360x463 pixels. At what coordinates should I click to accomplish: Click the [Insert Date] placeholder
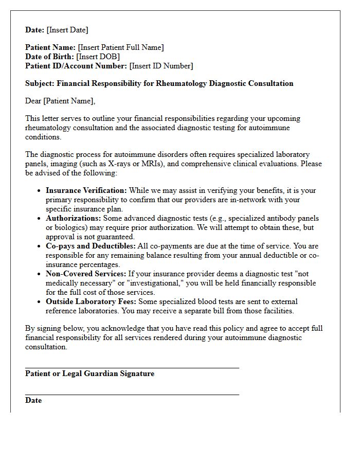pos(67,30)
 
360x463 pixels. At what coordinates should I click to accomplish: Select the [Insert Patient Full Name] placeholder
pos(121,47)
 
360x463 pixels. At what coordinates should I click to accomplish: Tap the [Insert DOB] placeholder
pos(98,57)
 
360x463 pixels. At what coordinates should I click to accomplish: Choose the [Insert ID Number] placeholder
pos(161,66)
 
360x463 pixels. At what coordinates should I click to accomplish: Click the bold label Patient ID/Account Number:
pos(76,66)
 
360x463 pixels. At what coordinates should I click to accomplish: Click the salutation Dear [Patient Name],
pos(60,101)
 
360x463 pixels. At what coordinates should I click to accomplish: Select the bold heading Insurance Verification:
pos(86,190)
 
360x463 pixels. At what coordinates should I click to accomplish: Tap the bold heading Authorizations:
pos(73,218)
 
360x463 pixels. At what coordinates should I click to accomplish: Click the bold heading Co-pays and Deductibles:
pos(91,246)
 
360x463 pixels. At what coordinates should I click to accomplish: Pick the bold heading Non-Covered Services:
pos(85,274)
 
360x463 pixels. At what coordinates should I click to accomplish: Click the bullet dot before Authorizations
pos(39,219)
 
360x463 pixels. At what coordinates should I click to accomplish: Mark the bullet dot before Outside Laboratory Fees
pos(39,302)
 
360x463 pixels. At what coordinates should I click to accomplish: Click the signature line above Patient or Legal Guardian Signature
pos(132,368)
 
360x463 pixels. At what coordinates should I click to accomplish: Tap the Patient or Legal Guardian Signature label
pos(89,374)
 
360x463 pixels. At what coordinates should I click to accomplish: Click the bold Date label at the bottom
pos(33,401)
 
